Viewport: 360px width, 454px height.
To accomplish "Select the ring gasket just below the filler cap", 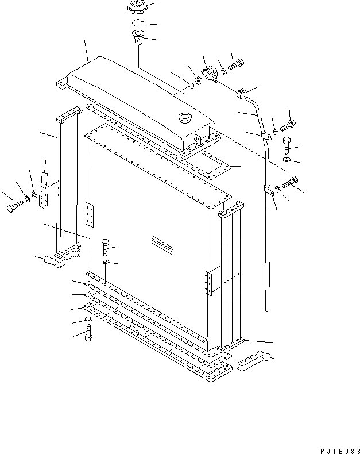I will click(136, 23).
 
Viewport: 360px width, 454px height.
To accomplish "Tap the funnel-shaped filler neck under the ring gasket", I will click(136, 39).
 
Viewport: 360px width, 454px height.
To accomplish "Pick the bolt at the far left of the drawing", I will click(14, 207).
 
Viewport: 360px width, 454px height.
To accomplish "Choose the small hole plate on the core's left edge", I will click(88, 214).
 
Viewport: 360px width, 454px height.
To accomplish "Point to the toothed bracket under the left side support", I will click(62, 258).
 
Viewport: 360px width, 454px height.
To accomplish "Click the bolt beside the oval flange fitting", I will click(236, 67).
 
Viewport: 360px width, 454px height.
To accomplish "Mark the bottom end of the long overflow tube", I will click(267, 309).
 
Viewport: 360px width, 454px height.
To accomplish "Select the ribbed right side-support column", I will click(232, 276).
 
